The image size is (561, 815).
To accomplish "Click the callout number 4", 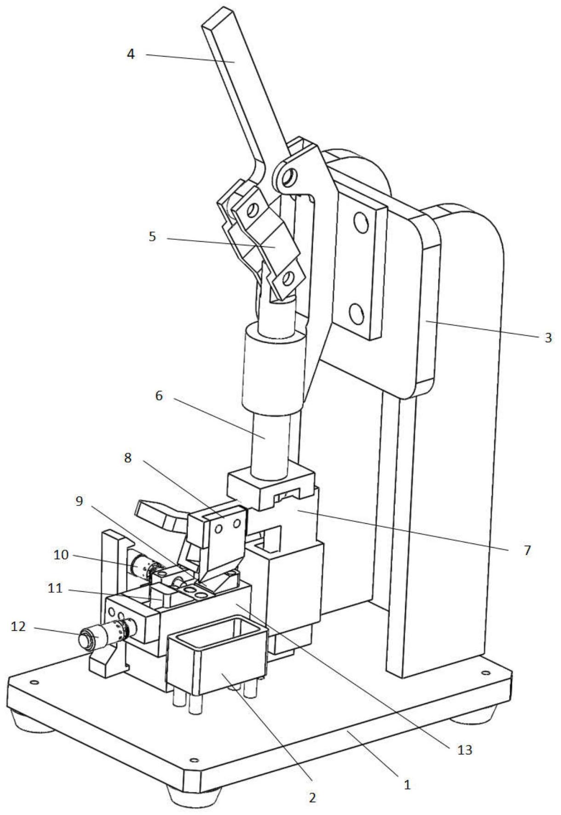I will point(131,54).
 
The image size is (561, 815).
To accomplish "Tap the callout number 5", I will point(152,237).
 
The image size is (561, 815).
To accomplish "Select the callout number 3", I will point(547,338).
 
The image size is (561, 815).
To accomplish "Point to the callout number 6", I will point(159,396).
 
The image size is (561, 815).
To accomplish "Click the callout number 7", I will point(527,549).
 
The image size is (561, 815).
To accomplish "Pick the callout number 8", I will point(127,458).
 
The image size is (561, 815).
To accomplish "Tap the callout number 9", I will point(80,501).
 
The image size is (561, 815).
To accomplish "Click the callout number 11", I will point(55,588).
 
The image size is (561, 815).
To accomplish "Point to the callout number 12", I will point(19,627).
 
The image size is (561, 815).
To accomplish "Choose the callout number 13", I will point(465,750).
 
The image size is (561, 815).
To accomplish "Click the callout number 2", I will point(312,798).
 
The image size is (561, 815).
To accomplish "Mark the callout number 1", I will point(406,785).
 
